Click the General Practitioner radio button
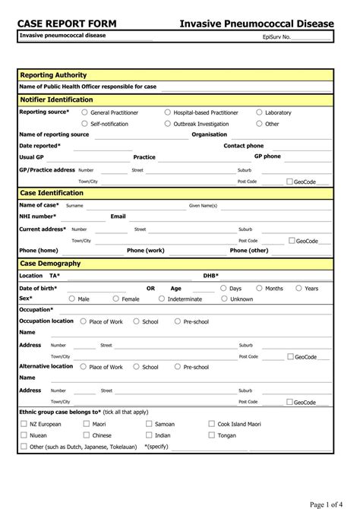(85, 112)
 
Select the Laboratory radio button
(259, 112)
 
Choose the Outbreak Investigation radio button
(168, 123)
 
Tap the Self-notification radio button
(85, 123)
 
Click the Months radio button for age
(259, 288)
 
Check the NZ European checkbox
(23, 424)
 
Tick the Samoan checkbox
(149, 424)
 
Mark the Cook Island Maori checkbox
(211, 424)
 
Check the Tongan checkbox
(211, 435)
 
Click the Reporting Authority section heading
(53, 75)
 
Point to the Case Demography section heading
(50, 263)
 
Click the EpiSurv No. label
(276, 36)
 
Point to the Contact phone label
(244, 145)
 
